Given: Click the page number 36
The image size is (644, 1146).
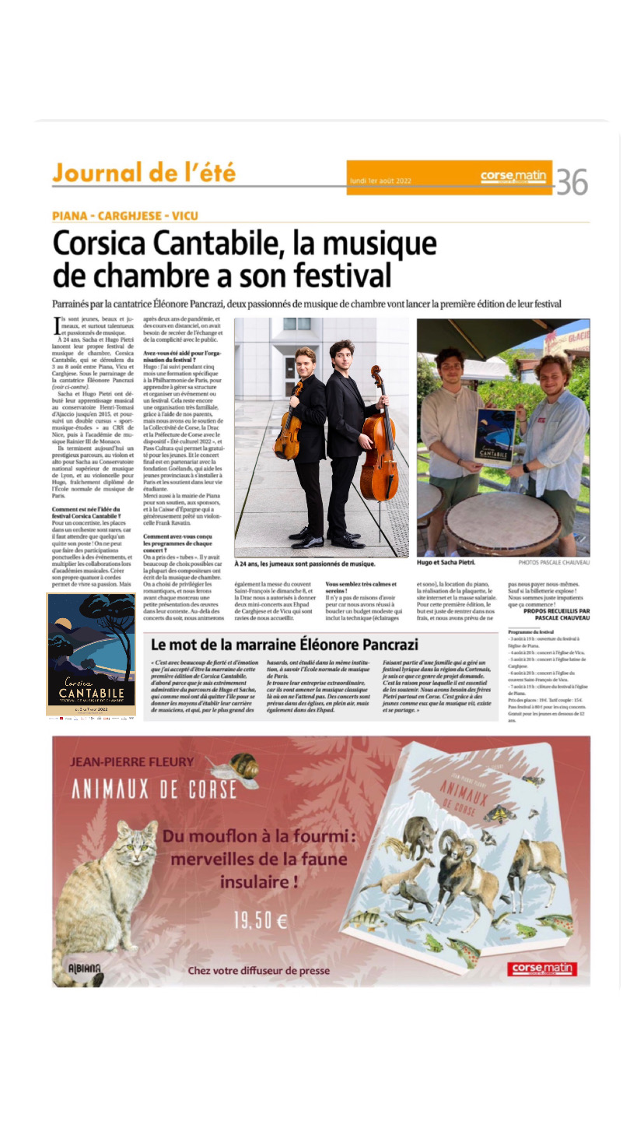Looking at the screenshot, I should point(572,181).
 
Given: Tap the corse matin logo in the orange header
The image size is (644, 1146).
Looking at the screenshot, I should point(513,177).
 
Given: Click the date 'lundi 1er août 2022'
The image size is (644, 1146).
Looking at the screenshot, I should point(381,181).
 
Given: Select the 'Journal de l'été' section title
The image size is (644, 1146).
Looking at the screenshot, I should point(144,172).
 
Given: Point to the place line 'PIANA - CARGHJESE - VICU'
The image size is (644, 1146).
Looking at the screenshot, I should point(125,216).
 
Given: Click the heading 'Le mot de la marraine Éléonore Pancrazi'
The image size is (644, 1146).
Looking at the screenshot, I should point(285,644).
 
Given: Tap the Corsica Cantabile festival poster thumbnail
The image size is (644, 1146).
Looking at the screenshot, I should point(90,655).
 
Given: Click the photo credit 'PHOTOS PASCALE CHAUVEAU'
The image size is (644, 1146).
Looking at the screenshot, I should point(554,561).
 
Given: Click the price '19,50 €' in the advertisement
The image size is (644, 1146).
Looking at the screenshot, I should point(261,921).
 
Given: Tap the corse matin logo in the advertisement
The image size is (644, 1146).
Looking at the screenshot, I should point(541,968).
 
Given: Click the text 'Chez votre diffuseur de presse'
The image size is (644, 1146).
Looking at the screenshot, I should point(258,971).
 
